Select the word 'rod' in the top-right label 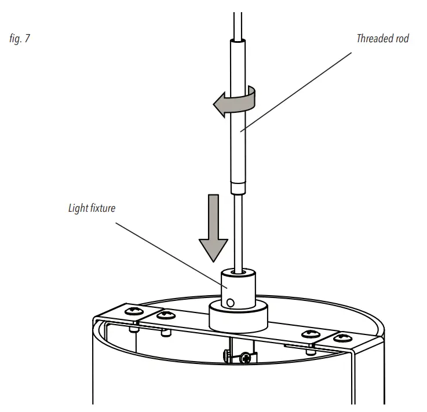pos(403,39)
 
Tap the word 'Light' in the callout pos(79,208)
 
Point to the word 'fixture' pos(103,208)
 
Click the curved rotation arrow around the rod pos(235,103)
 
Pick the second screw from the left pos(167,315)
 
